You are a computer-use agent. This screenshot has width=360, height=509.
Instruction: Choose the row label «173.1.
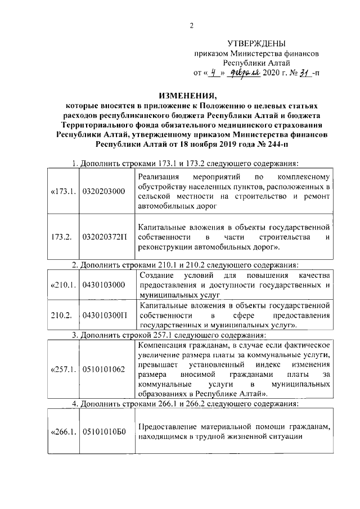point(62,191)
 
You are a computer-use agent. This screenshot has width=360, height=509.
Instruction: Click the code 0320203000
point(103,191)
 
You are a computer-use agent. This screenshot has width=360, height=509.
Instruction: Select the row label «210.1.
point(62,285)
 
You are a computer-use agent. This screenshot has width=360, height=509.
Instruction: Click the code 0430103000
point(103,285)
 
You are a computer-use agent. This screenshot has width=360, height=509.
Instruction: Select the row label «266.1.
point(62,433)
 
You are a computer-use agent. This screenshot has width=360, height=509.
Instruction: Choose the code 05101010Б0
point(105,433)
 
